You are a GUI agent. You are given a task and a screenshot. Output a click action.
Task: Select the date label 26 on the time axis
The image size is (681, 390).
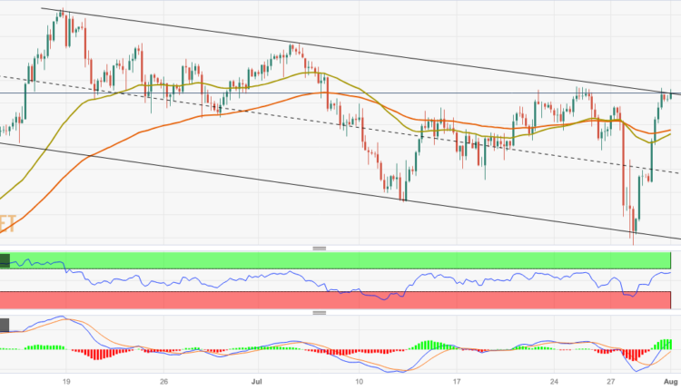click(x=163, y=382)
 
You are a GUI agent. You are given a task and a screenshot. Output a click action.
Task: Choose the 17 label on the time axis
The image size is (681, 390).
click(x=459, y=382)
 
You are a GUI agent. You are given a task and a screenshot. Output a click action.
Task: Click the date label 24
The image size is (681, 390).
click(x=555, y=382)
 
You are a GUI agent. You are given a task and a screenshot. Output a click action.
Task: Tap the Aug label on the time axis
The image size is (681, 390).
click(x=671, y=382)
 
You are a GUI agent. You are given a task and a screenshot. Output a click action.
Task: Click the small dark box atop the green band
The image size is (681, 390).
click(x=5, y=260)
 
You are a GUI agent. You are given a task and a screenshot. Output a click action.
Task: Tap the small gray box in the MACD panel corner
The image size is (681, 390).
click(x=5, y=325)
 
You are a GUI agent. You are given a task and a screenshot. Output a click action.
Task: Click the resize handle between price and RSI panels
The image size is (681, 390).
click(x=319, y=248)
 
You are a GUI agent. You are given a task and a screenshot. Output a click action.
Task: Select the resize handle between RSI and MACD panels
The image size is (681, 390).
click(x=319, y=312)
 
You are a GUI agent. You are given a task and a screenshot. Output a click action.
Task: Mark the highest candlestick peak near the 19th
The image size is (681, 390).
click(x=61, y=12)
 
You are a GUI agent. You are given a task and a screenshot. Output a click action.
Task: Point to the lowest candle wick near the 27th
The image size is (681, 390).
click(x=633, y=241)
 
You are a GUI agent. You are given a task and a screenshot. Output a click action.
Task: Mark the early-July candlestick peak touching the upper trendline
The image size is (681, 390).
click(x=292, y=44)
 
